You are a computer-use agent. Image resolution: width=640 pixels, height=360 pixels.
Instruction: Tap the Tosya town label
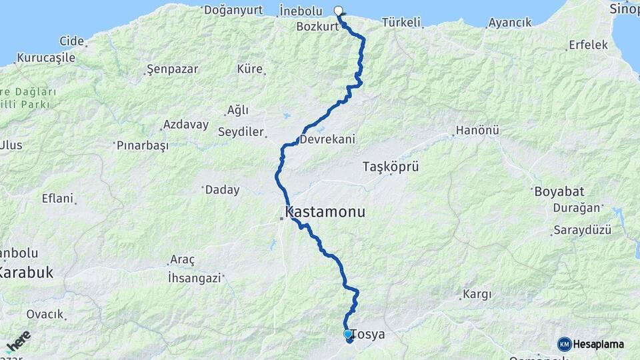pos(369,334)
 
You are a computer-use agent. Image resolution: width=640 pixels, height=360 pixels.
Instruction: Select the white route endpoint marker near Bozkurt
pos(338,10)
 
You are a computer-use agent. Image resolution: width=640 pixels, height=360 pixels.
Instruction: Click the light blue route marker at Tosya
pos(347,333)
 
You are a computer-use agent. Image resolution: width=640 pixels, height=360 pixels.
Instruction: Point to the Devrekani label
pos(327,139)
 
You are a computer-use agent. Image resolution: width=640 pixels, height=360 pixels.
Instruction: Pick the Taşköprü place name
pos(390,167)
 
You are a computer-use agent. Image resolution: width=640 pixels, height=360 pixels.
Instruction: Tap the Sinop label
pos(624,9)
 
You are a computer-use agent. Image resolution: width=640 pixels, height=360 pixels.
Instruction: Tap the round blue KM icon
pos(564,344)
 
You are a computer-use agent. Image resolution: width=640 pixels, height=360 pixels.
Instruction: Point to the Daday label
pos(222,190)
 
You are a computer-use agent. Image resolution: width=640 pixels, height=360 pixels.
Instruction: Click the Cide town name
pos(71,41)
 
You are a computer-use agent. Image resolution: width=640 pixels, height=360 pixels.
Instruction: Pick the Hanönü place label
pos(477,131)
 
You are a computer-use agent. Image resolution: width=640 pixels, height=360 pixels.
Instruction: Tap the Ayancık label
pos(510,23)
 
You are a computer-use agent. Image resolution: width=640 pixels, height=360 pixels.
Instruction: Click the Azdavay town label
pos(186,125)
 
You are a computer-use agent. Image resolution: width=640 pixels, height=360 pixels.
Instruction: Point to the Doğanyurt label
pos(233,9)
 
